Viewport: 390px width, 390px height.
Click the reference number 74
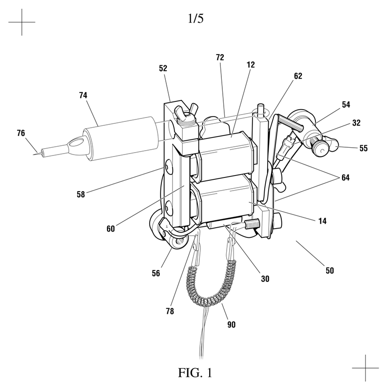(x=83, y=95)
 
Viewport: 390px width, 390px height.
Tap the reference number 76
(x=21, y=133)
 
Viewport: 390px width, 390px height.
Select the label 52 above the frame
(x=163, y=68)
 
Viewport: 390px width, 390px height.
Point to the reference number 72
(x=220, y=58)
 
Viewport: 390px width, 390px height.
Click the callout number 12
(x=251, y=65)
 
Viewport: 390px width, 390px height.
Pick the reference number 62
(x=298, y=76)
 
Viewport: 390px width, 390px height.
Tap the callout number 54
(x=346, y=105)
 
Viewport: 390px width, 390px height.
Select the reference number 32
(x=356, y=123)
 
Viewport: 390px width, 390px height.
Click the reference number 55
(x=363, y=148)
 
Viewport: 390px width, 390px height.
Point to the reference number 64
(x=345, y=177)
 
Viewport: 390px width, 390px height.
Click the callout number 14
(x=322, y=221)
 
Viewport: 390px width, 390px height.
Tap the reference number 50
(x=330, y=271)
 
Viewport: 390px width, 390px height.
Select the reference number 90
(x=231, y=325)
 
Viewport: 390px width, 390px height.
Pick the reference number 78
(x=170, y=311)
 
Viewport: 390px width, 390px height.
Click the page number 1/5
(x=195, y=19)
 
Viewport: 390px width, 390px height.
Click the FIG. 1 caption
(x=195, y=372)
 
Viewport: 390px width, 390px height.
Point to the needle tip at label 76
(x=34, y=155)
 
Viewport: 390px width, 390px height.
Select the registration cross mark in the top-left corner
(x=21, y=22)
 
